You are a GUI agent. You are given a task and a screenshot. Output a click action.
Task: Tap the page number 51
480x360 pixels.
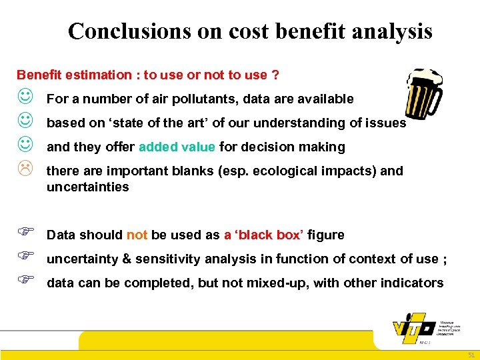(470, 354)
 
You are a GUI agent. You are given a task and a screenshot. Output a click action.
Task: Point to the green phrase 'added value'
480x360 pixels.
(177, 147)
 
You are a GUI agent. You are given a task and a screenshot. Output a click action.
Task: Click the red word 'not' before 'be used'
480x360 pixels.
(137, 235)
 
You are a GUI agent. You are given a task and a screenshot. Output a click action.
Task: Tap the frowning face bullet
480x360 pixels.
(24, 171)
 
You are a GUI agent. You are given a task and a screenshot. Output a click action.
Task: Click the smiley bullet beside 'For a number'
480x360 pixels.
(24, 99)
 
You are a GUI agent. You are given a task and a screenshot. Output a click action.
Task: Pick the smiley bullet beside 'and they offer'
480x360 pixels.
(24, 147)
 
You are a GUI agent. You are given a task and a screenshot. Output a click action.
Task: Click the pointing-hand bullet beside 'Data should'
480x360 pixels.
(24, 234)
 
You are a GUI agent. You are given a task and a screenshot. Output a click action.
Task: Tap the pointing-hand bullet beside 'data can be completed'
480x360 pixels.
(24, 282)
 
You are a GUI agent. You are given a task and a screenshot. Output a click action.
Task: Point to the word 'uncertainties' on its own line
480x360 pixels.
(87, 187)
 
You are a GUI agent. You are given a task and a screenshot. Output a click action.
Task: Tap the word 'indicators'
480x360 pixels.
(411, 283)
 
